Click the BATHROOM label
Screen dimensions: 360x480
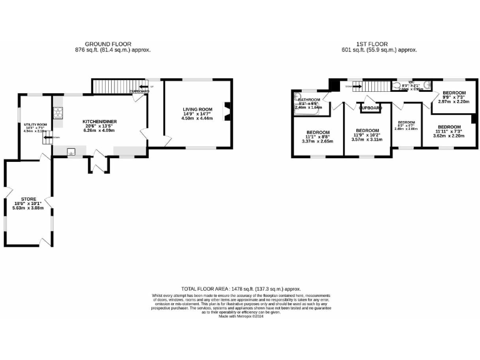309,100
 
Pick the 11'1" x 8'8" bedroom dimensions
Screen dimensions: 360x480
317,137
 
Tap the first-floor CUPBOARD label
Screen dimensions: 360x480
371,108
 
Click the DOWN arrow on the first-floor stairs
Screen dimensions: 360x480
348,87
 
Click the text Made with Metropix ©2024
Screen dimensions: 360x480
240,316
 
